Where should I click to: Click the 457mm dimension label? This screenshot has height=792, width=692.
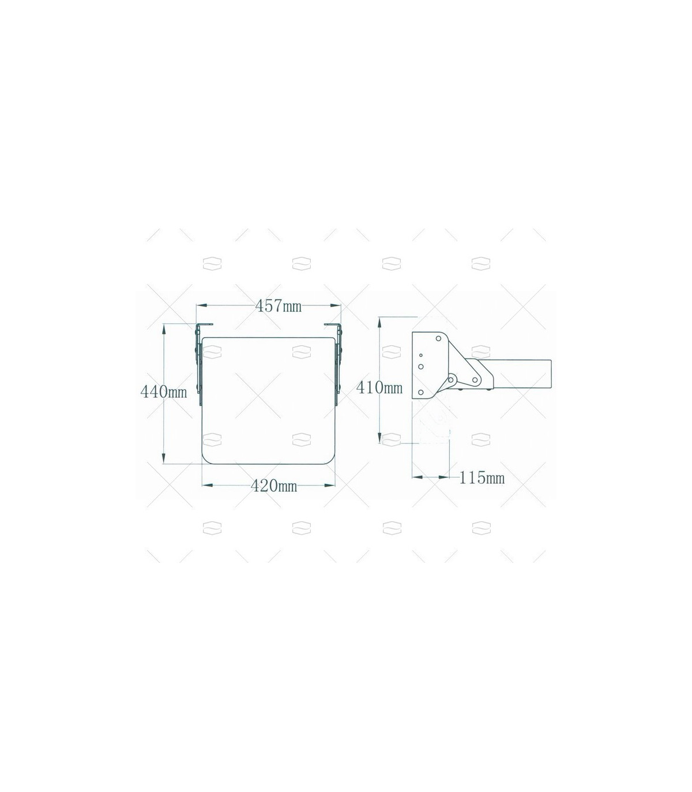[278, 306]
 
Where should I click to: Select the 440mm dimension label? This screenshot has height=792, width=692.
[164, 392]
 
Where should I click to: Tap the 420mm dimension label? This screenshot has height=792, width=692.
[274, 485]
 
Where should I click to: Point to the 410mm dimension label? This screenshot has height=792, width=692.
[379, 387]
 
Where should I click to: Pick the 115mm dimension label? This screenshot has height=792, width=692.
[482, 477]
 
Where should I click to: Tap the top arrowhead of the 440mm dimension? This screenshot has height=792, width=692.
[164, 328]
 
